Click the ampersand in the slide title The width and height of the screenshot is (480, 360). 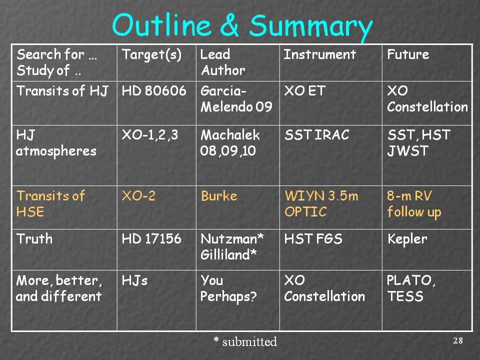[x=229, y=25]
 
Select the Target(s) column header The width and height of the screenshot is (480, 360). [x=151, y=55]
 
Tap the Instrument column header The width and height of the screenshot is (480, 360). [x=319, y=54]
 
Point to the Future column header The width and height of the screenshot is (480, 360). [x=408, y=54]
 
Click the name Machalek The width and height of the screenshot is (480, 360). [x=230, y=134]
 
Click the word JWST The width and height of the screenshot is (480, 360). [x=408, y=151]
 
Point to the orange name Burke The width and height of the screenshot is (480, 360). [x=219, y=196]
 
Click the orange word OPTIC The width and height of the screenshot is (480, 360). [x=305, y=211]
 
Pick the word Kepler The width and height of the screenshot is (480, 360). [x=407, y=239]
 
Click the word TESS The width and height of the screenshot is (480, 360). [x=405, y=296]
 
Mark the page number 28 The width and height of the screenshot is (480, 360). [x=458, y=340]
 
